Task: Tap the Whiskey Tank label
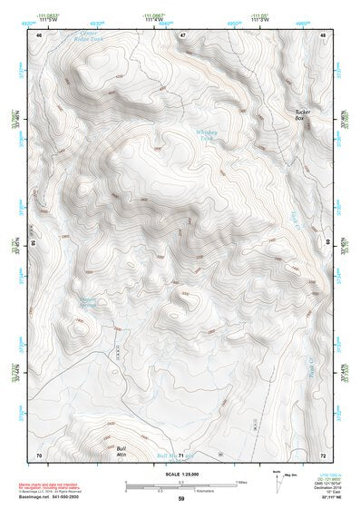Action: coord(209,134)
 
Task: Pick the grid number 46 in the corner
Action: coord(39,35)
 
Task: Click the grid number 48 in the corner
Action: coord(322,35)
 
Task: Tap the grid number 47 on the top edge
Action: coord(182,35)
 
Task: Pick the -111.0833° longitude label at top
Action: coord(59,15)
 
